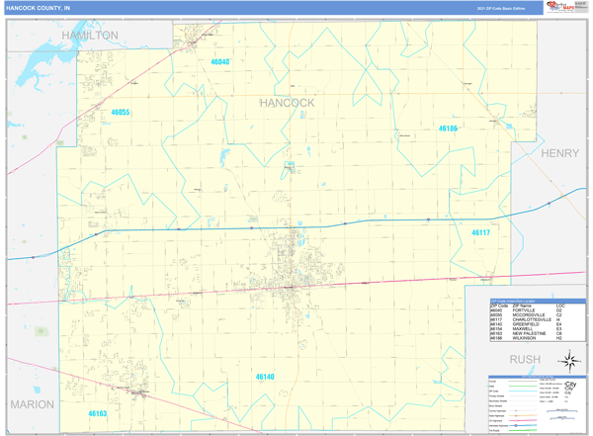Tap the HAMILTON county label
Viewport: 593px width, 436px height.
[x=89, y=35]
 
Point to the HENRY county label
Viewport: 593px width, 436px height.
[x=559, y=153]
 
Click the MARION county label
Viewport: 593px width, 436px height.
[x=33, y=404]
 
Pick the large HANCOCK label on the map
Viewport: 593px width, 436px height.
[x=287, y=102]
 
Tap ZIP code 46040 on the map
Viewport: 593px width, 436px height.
[x=219, y=61]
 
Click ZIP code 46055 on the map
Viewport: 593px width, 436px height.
[x=120, y=113]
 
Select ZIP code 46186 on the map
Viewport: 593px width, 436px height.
[x=448, y=129]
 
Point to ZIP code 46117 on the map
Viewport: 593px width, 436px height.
[x=480, y=232]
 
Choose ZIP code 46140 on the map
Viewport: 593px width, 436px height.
[x=265, y=377]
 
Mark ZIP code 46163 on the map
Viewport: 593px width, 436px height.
[x=97, y=413]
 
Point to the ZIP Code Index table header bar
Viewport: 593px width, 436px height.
[x=526, y=299]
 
